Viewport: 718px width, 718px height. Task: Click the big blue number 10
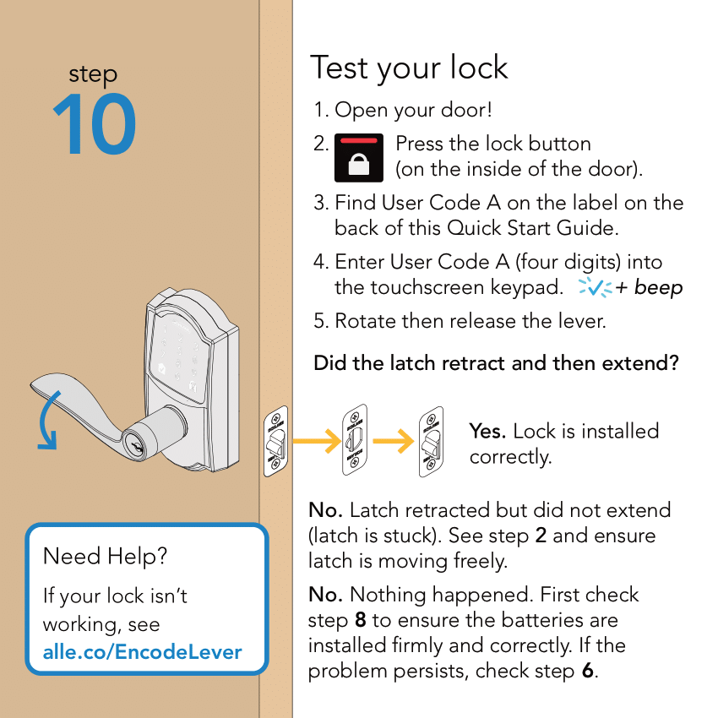pyautogui.click(x=94, y=126)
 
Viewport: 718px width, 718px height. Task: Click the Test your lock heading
pyautogui.click(x=409, y=68)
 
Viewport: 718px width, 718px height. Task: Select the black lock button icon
pyautogui.click(x=359, y=157)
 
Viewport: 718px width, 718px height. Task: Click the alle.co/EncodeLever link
pyautogui.click(x=142, y=652)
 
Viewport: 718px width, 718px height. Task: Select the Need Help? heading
pyautogui.click(x=106, y=556)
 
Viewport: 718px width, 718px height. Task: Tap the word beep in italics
pyautogui.click(x=658, y=287)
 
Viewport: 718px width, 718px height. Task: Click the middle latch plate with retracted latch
pyautogui.click(x=354, y=440)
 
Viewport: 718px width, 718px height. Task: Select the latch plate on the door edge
pyautogui.click(x=276, y=442)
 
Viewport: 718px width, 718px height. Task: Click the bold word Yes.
pyautogui.click(x=487, y=431)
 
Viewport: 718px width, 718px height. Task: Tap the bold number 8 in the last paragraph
pyautogui.click(x=360, y=620)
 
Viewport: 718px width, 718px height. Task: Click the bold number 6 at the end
pyautogui.click(x=588, y=671)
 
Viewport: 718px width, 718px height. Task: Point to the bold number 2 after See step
pyautogui.click(x=541, y=536)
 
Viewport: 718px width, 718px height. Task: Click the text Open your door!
pyautogui.click(x=413, y=110)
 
